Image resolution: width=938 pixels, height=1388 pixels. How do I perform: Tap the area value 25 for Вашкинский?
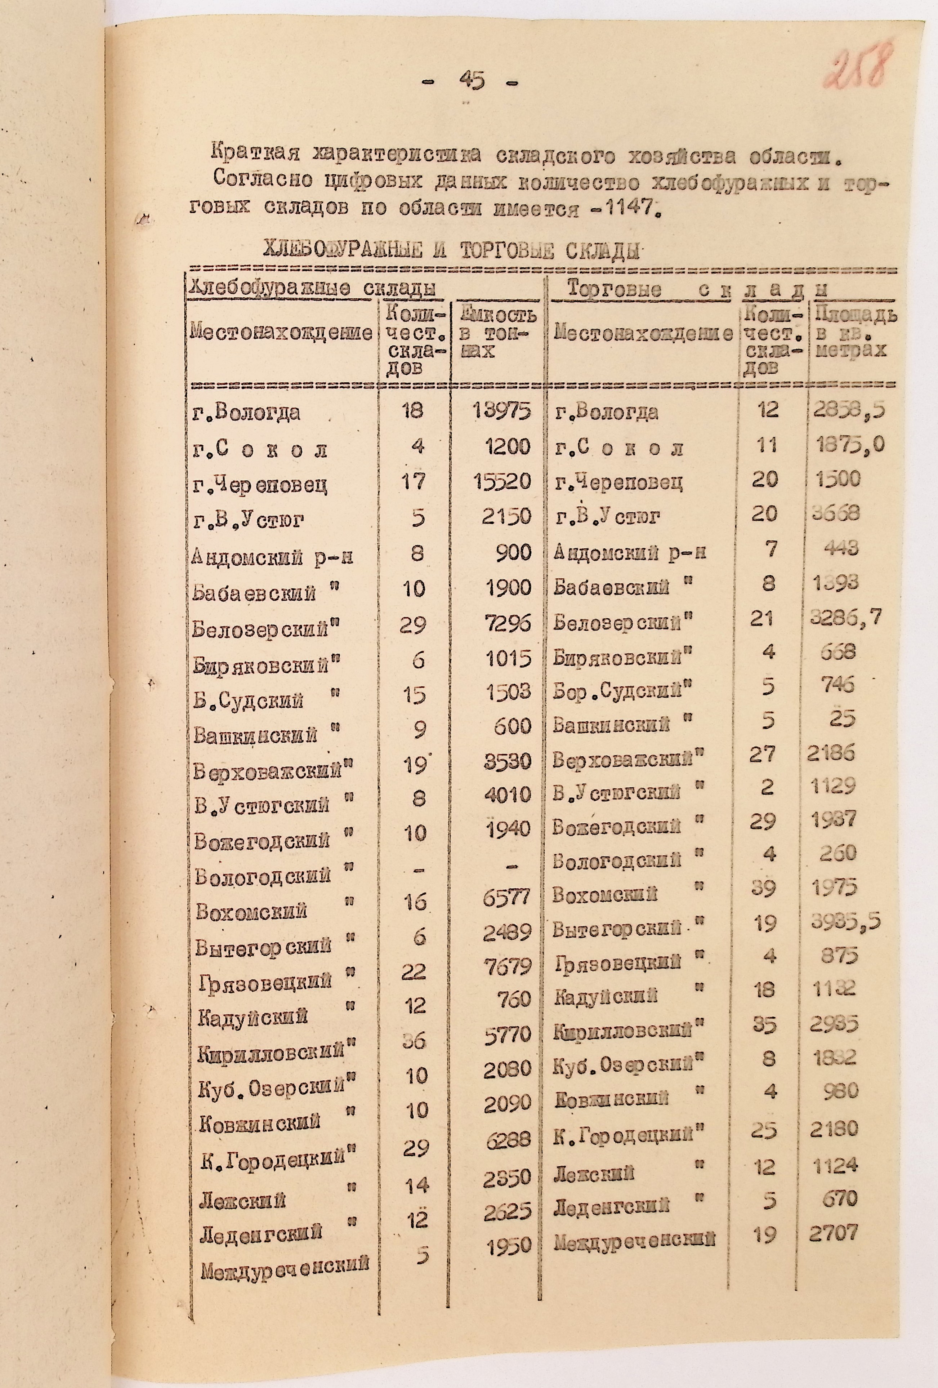pos(842,718)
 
